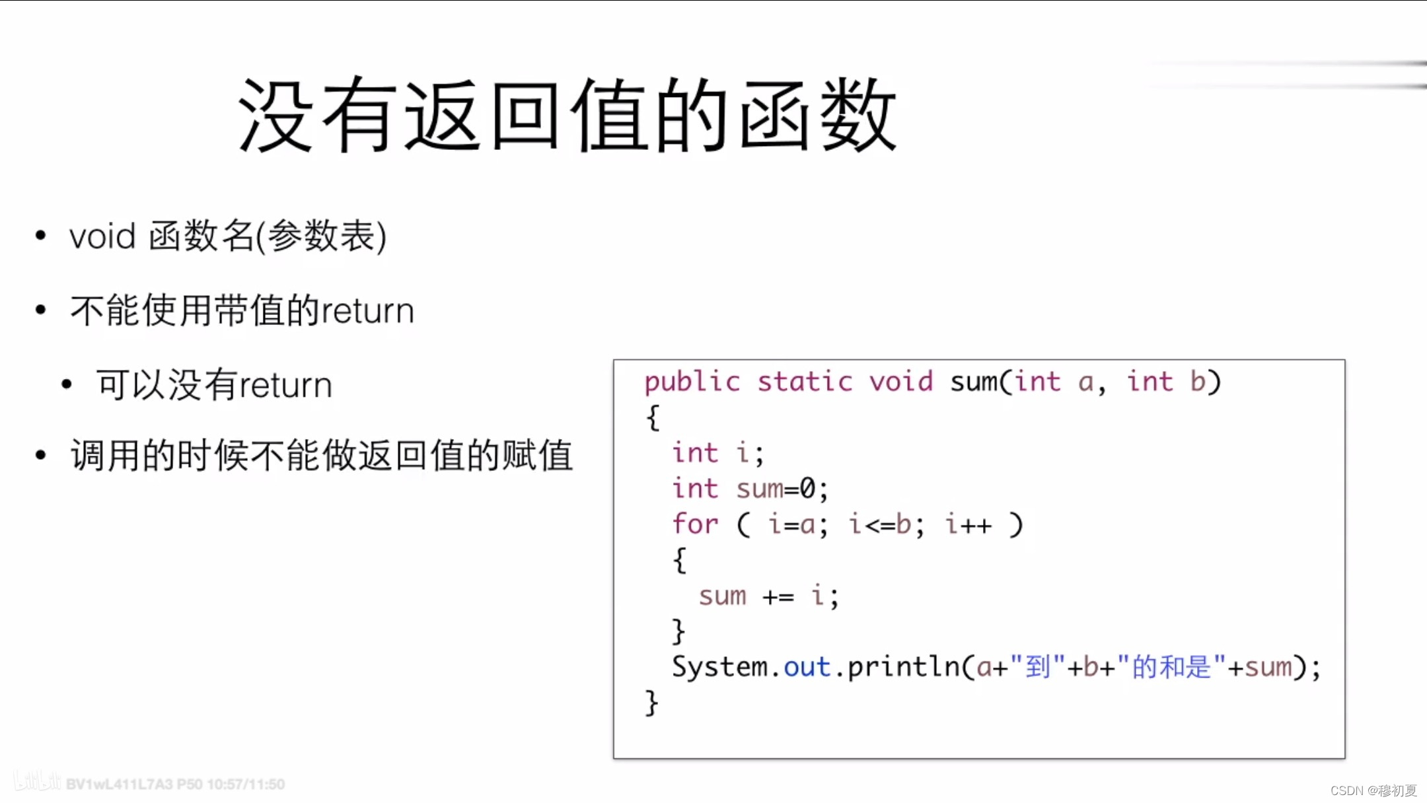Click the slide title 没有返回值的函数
567,116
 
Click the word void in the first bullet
102,236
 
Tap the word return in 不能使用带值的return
367,311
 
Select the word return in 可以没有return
285,386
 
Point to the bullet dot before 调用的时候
41,455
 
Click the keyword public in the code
692,382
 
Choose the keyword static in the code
805,382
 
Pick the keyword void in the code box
900,382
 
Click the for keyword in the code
695,524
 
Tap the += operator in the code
778,597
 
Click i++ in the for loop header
969,524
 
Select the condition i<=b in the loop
881,524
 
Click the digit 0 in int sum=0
807,489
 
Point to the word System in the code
719,667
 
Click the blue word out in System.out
806,667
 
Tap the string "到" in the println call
1037,667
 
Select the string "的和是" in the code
1171,667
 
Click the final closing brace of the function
651,703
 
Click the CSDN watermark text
1373,790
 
